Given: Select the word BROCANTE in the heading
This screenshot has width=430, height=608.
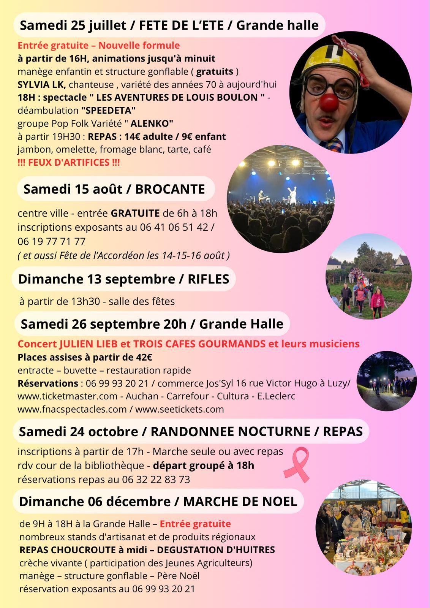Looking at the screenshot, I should pyautogui.click(x=170, y=189).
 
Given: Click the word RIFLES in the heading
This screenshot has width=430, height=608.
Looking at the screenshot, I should pyautogui.click(x=208, y=279).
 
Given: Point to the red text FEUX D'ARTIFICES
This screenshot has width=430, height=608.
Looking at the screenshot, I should pyautogui.click(x=69, y=162).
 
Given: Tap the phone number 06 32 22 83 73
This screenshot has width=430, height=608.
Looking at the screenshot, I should pyautogui.click(x=156, y=479).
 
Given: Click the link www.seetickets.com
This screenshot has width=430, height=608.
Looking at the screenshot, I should pyautogui.click(x=179, y=409).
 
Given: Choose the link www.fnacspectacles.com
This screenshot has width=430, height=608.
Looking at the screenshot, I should pyautogui.click(x=72, y=409).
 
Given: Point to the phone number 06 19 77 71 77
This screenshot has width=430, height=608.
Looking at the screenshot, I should pyautogui.click(x=51, y=241).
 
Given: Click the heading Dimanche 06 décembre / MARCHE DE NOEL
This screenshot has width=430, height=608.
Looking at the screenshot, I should pyautogui.click(x=158, y=501).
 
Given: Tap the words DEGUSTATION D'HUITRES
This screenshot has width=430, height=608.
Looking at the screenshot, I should pyautogui.click(x=216, y=549).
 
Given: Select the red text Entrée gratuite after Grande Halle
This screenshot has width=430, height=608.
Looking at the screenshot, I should pyautogui.click(x=195, y=524).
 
